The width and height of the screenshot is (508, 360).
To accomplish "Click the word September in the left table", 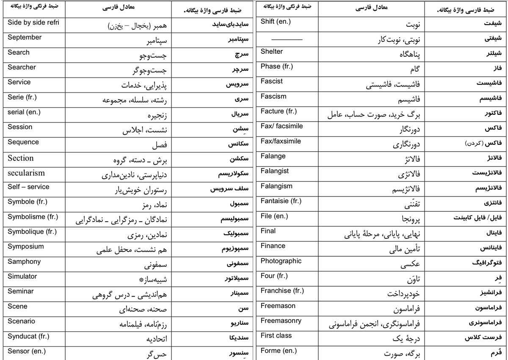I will pyautogui.click(x=25, y=38).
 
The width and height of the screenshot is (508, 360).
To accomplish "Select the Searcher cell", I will pyautogui.click(x=22, y=67).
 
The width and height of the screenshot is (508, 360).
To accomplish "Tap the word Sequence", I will pyautogui.click(x=23, y=142).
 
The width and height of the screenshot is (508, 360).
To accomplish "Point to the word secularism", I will pyautogui.click(x=26, y=173).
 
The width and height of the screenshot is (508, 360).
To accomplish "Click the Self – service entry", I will pyautogui.click(x=28, y=187).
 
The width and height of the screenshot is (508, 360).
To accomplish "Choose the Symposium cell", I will pyautogui.click(x=25, y=246).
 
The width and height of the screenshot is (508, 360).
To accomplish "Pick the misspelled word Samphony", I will pyautogui.click(x=24, y=262).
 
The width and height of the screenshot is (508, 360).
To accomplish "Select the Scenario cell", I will pyautogui.click(x=22, y=321).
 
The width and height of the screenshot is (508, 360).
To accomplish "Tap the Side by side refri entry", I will pyautogui.click(x=33, y=22).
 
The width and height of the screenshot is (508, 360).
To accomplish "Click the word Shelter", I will pyautogui.click(x=272, y=52).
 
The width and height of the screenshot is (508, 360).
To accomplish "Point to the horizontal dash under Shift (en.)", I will pyautogui.click(x=287, y=39).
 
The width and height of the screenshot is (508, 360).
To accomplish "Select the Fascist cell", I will pyautogui.click(x=272, y=81).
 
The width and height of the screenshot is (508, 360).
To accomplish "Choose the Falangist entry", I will pyautogui.click(x=275, y=171).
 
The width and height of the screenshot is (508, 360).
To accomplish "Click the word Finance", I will pyautogui.click(x=273, y=246).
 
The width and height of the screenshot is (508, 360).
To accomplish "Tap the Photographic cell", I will pyautogui.click(x=281, y=261).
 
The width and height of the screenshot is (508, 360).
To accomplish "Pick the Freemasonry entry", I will pyautogui.click(x=281, y=321).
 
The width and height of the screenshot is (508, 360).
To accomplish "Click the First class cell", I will pyautogui.click(x=276, y=336).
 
